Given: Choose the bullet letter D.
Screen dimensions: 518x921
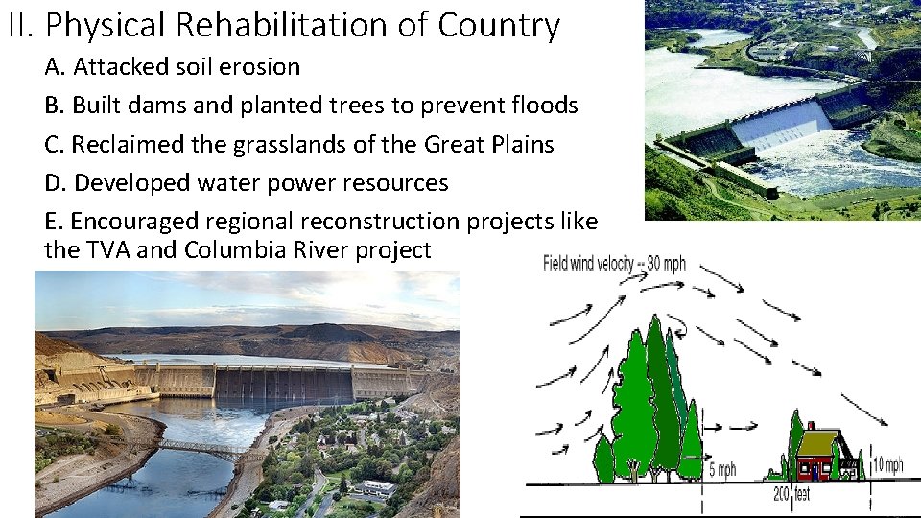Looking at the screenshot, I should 55,183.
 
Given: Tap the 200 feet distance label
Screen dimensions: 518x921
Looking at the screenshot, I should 791,495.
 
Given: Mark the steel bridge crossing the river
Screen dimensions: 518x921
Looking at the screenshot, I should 201,448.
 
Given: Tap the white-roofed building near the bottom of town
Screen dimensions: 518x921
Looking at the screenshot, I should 376,487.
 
